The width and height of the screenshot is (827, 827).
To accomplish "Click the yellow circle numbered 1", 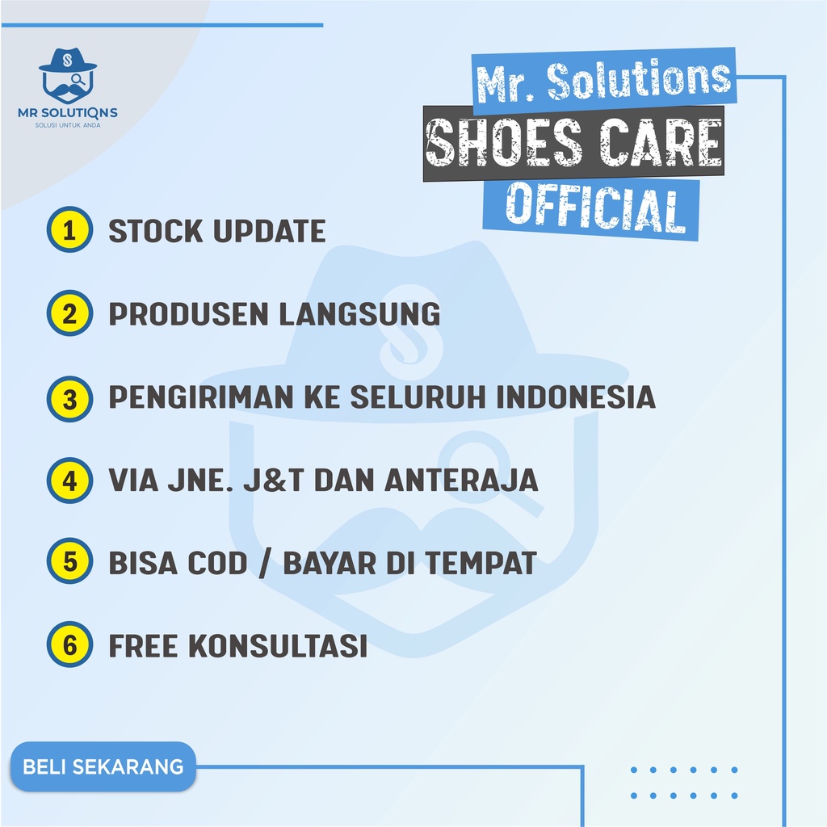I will tap(70, 230).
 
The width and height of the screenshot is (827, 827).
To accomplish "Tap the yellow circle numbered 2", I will tap(70, 313).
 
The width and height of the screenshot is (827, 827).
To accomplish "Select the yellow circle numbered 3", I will tap(70, 397).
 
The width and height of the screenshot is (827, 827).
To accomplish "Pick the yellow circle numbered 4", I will tap(70, 480).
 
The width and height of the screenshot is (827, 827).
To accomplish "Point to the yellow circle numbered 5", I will tap(70, 563).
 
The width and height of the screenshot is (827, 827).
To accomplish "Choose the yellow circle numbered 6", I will tap(70, 645).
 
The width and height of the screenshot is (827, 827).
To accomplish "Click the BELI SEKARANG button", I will tap(103, 766).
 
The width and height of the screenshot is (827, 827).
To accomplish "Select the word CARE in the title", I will tap(656, 146).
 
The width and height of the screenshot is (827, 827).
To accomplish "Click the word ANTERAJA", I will tap(460, 480).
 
